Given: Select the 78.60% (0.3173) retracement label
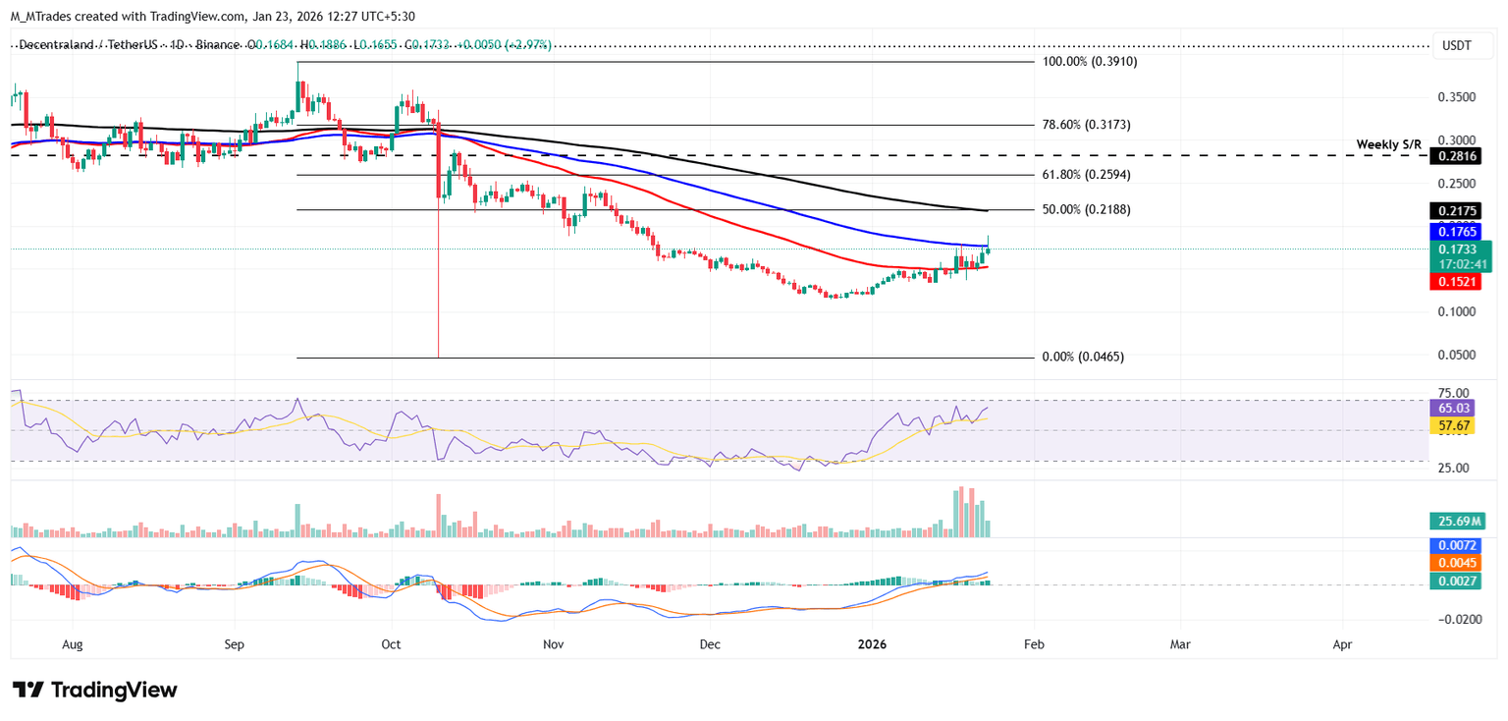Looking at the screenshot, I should (1086, 125).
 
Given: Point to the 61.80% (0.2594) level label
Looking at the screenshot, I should (1086, 175).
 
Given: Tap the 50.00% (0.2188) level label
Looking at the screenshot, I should (1086, 210).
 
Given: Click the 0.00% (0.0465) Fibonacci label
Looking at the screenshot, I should (1083, 358).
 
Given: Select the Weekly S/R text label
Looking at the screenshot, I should (1389, 144).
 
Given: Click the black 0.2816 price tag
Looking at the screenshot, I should (1459, 156).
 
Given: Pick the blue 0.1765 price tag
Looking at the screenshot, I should (1459, 232).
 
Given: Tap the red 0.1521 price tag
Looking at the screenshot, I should (1459, 281).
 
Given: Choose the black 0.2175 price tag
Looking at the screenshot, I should (1459, 210).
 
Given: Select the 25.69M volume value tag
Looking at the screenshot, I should (1458, 523).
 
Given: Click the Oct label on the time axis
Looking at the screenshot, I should (391, 644).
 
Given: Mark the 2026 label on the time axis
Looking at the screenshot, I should (872, 644).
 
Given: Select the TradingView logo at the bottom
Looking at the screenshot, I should (95, 690).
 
